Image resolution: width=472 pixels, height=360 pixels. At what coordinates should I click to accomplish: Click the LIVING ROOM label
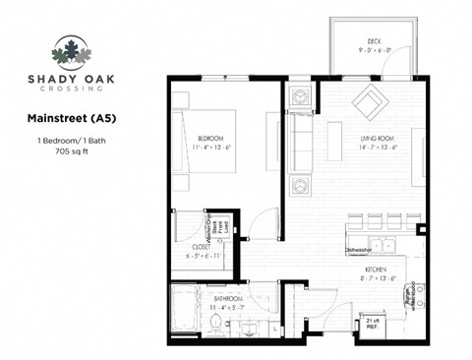(378, 141)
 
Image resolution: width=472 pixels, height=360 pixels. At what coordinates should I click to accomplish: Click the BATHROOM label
(228, 298)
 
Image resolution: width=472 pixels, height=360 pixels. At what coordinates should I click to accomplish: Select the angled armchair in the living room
(372, 100)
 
